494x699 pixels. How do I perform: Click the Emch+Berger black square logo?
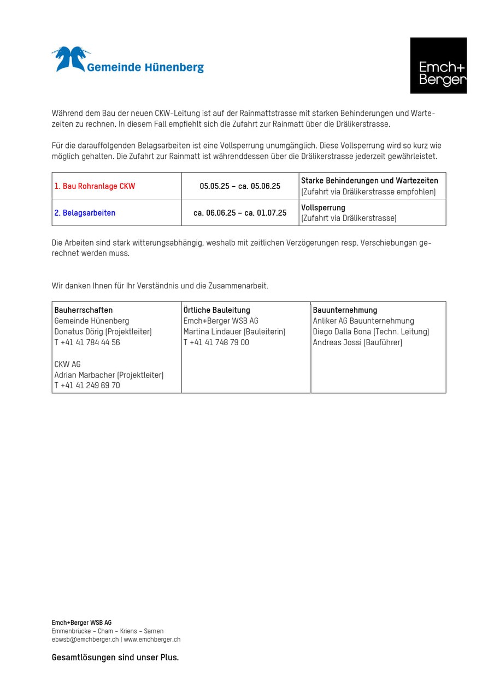(438, 66)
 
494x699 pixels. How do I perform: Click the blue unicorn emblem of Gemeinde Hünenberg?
(69, 59)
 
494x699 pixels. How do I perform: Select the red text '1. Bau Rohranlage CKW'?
(95, 186)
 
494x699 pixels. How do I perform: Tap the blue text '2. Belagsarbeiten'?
(85, 213)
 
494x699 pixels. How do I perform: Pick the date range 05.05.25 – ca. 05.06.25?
(240, 186)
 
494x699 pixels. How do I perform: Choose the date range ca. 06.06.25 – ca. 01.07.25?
(240, 213)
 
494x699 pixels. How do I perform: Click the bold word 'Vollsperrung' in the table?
(323, 208)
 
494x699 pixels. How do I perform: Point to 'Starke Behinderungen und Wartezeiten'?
(369, 181)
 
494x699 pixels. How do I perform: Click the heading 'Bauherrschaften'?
(83, 310)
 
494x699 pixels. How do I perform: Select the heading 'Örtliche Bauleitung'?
(216, 310)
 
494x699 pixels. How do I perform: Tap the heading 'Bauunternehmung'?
(345, 310)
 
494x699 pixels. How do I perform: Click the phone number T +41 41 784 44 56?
(87, 342)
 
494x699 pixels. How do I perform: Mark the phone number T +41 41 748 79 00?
(216, 342)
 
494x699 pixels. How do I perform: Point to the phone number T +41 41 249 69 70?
(87, 386)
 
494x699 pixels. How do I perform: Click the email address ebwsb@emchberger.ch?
(85, 639)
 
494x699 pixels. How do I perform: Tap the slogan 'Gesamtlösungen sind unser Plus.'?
(115, 657)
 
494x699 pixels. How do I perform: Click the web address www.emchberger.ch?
(152, 639)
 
